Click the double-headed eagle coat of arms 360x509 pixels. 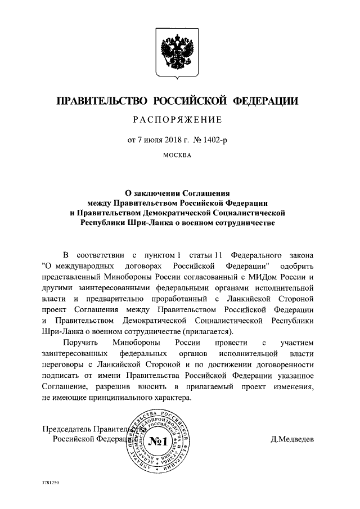[x=179, y=53]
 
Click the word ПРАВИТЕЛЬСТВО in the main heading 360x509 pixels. [x=99, y=101]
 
